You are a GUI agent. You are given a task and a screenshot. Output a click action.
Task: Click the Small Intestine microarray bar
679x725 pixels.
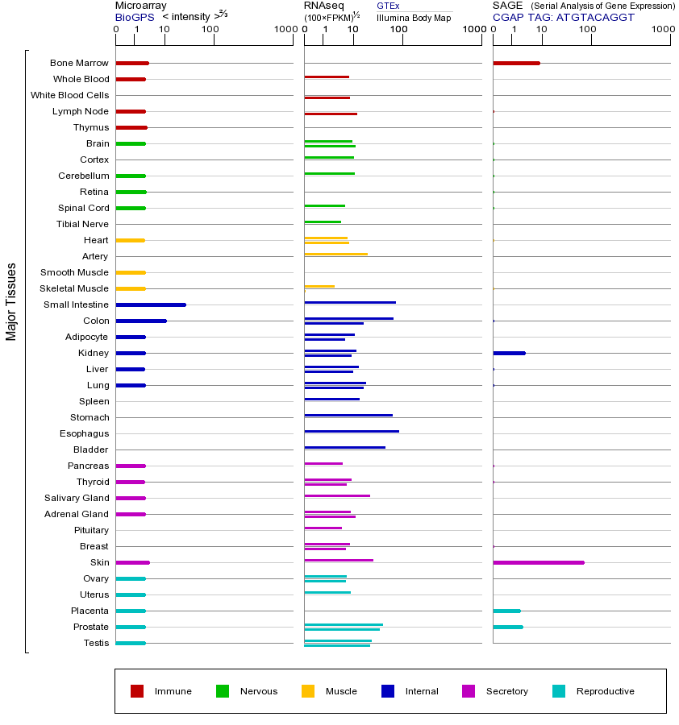[x=151, y=304]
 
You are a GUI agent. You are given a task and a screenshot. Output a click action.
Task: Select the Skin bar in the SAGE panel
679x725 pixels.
[x=538, y=562]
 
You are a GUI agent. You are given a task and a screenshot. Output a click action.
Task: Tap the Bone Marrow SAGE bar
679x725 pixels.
[x=516, y=63]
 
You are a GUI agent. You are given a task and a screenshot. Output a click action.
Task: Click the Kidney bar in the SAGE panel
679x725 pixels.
[x=509, y=353]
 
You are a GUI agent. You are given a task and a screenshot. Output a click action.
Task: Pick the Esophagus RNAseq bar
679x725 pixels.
[x=352, y=432]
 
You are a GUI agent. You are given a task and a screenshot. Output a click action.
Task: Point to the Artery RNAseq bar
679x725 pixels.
[x=335, y=255]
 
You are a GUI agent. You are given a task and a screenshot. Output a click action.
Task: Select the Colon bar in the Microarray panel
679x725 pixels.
[x=141, y=321]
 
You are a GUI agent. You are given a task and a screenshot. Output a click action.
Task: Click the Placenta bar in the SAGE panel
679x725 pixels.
[x=506, y=611]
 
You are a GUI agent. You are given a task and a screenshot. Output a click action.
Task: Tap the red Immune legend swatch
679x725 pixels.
[x=137, y=691]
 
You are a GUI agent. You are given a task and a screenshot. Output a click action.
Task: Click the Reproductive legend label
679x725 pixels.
[x=605, y=691]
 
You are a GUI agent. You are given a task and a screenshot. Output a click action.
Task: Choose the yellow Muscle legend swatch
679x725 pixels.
[x=308, y=691]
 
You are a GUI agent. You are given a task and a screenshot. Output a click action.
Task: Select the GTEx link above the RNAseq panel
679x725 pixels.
[x=388, y=6]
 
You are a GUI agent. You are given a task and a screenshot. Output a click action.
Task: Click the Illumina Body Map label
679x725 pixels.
[x=414, y=17]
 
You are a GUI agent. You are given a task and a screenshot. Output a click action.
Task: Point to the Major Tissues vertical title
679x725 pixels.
[x=11, y=301]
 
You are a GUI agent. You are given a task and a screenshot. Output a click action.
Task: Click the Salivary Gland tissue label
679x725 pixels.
[x=77, y=498]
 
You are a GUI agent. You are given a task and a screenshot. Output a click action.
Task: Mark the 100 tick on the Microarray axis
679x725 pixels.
[x=210, y=30]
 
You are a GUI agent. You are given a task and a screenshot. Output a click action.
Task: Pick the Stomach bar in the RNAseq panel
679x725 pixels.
[x=348, y=416]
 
